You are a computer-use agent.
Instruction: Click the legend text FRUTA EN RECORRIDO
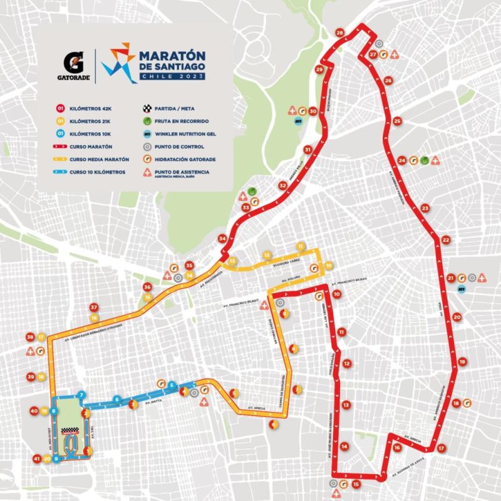click(183, 120)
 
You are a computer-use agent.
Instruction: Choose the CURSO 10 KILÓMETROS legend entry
click(96, 172)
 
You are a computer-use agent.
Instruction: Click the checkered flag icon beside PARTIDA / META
click(148, 107)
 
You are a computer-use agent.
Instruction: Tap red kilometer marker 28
click(340, 33)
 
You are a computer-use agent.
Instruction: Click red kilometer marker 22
click(445, 240)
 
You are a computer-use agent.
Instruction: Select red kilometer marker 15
click(356, 484)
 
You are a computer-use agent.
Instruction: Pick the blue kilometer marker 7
click(81, 395)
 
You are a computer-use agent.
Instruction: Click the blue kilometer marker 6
click(116, 399)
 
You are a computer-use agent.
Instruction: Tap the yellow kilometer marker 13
click(232, 261)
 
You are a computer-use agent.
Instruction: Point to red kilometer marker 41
click(37, 459)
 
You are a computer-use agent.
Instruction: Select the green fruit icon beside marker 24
click(424, 160)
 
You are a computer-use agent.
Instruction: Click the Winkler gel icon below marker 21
click(462, 289)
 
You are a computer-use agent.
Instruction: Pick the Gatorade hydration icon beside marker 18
click(467, 403)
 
